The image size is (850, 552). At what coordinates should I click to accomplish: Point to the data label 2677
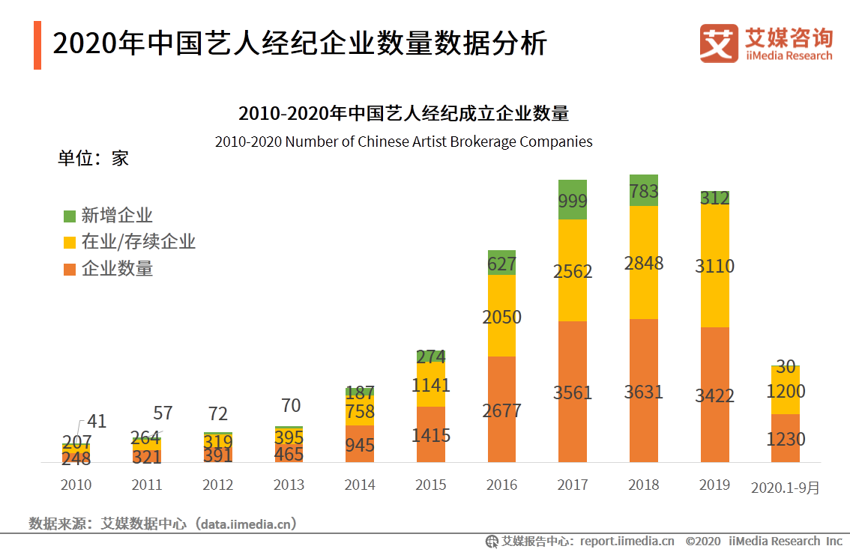coord(501,410)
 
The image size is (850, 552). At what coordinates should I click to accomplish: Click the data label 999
coord(573,201)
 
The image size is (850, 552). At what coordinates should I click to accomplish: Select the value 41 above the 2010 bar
coord(97,421)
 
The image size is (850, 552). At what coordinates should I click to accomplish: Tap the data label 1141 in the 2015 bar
coord(430,385)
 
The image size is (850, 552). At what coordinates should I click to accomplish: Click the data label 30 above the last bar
coord(786,366)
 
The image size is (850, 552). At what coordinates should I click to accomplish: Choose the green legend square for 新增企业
coord(70,216)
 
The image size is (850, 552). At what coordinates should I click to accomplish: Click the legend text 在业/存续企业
coord(138,242)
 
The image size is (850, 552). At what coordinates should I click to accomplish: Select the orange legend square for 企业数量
coord(70,268)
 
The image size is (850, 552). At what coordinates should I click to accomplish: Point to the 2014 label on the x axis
coord(360,485)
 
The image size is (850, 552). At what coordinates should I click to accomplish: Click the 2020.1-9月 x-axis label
coord(785,488)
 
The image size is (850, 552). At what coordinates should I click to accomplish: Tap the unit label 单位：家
coord(93,158)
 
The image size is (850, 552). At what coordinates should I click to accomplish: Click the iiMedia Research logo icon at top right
coord(718,43)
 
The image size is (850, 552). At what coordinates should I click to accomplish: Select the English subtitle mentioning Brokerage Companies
coord(403,142)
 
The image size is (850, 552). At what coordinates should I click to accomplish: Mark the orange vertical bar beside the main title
coord(37,46)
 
